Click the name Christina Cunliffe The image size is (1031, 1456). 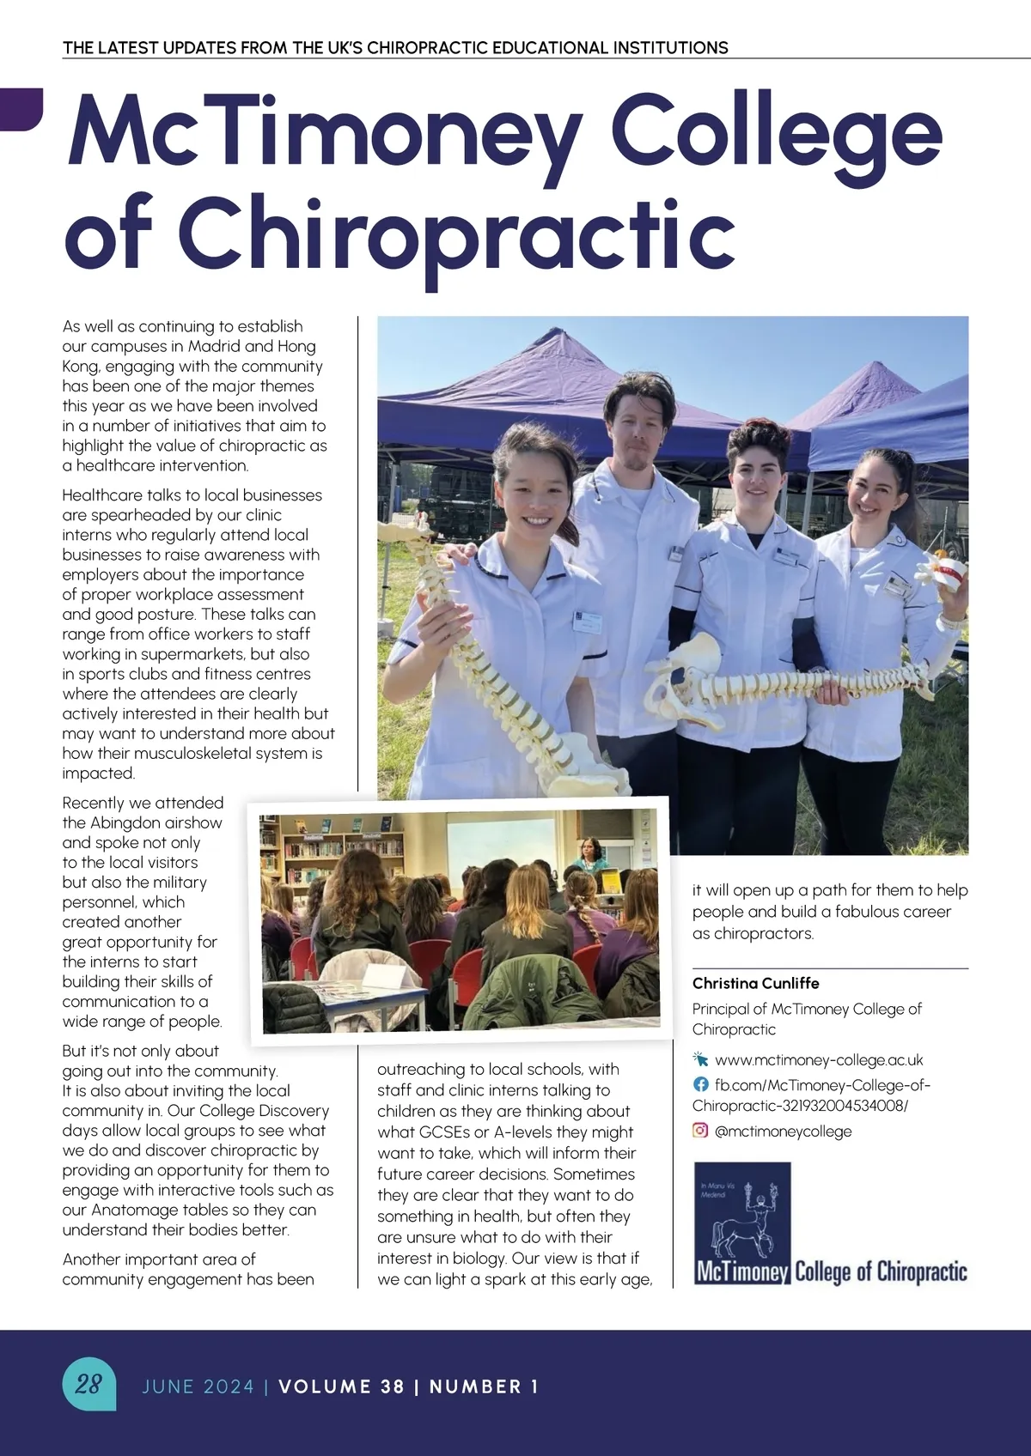point(755,983)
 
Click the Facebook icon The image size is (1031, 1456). point(700,1084)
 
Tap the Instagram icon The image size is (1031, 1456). point(700,1131)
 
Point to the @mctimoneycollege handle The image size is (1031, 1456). point(783,1131)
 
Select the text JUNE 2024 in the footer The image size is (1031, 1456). point(198,1386)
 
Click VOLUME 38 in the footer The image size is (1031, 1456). point(341,1386)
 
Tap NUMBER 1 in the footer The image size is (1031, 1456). point(484,1386)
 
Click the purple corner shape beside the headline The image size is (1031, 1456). point(21,108)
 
